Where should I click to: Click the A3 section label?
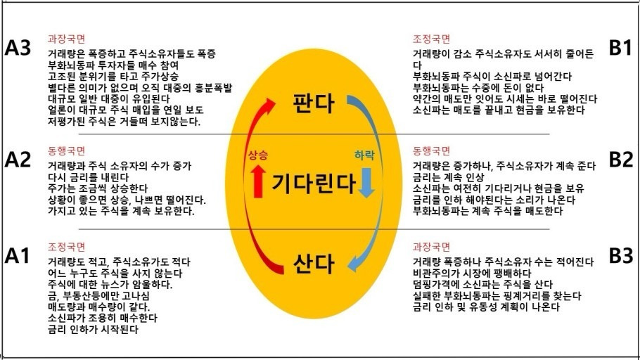click(19, 49)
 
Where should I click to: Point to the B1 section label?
click(620, 49)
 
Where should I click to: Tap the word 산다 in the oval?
click(313, 264)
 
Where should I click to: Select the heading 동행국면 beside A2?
click(66, 150)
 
